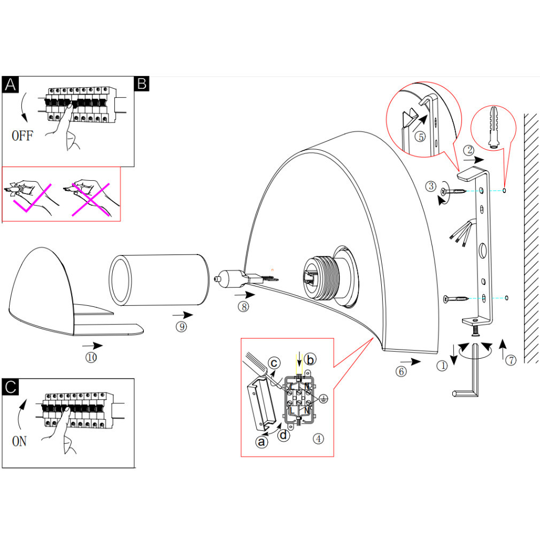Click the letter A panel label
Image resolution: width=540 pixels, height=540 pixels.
(11, 84)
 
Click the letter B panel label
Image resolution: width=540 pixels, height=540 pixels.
(142, 84)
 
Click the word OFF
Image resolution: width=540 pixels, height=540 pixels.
(22, 136)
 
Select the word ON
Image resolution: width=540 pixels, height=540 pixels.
(19, 442)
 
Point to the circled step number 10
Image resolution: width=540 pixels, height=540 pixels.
(91, 358)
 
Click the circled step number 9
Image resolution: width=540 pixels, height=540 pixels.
(181, 327)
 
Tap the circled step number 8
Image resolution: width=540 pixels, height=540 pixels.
(244, 307)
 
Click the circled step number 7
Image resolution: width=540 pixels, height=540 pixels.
(511, 360)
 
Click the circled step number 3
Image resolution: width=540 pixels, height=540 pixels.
(431, 186)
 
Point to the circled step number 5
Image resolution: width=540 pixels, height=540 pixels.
(421, 137)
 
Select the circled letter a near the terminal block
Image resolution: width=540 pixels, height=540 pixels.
(261, 442)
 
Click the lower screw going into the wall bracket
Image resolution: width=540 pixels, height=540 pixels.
(456, 298)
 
